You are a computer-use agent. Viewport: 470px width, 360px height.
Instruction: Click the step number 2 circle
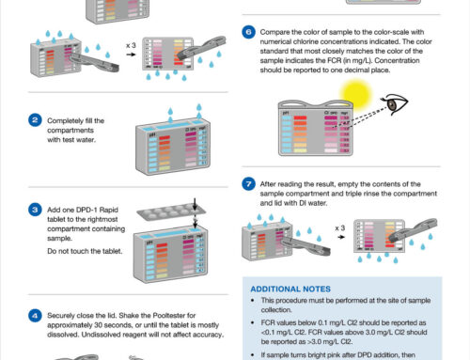click(35, 120)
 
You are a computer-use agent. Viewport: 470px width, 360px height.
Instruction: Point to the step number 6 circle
click(249, 31)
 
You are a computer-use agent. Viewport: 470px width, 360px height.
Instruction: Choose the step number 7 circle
click(249, 183)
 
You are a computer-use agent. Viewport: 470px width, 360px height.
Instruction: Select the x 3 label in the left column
click(131, 44)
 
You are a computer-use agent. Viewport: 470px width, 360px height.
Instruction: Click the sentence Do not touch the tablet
click(86, 252)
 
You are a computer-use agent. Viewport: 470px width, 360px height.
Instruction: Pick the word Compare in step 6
click(274, 31)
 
